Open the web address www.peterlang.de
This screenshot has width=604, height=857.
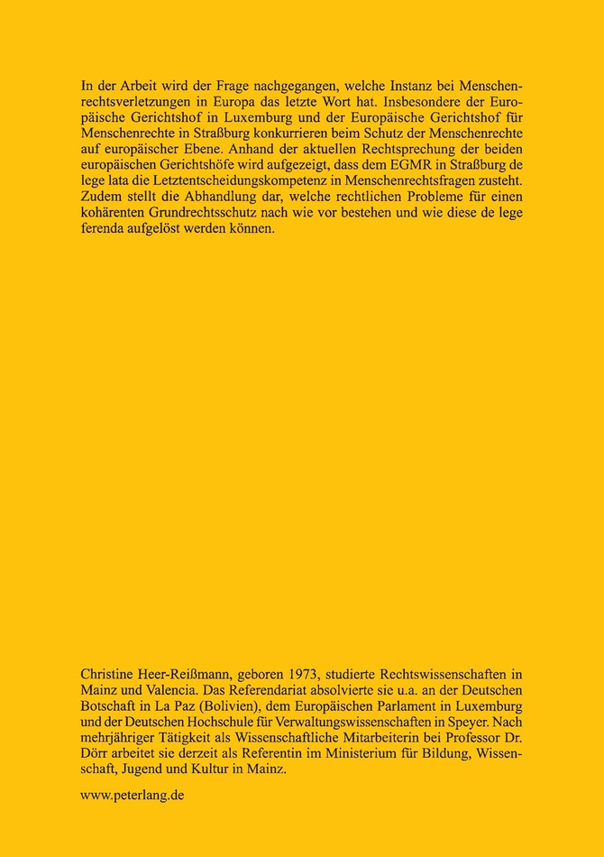[x=133, y=797]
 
